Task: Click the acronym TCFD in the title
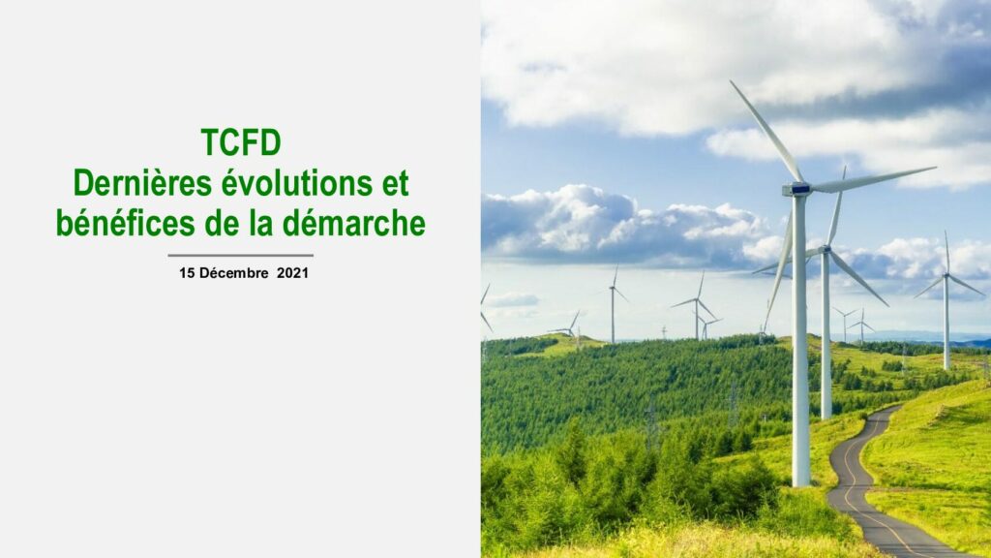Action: [x=241, y=142]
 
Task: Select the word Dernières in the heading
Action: [x=142, y=183]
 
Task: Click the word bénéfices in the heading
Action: [x=126, y=224]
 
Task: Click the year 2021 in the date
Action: [x=292, y=273]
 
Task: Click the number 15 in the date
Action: [x=187, y=273]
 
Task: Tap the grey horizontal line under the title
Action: [x=241, y=256]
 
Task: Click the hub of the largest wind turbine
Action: [x=797, y=189]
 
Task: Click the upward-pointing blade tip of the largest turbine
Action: [x=732, y=81]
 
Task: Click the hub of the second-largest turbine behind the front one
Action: [x=826, y=250]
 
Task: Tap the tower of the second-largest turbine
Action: [x=826, y=335]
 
